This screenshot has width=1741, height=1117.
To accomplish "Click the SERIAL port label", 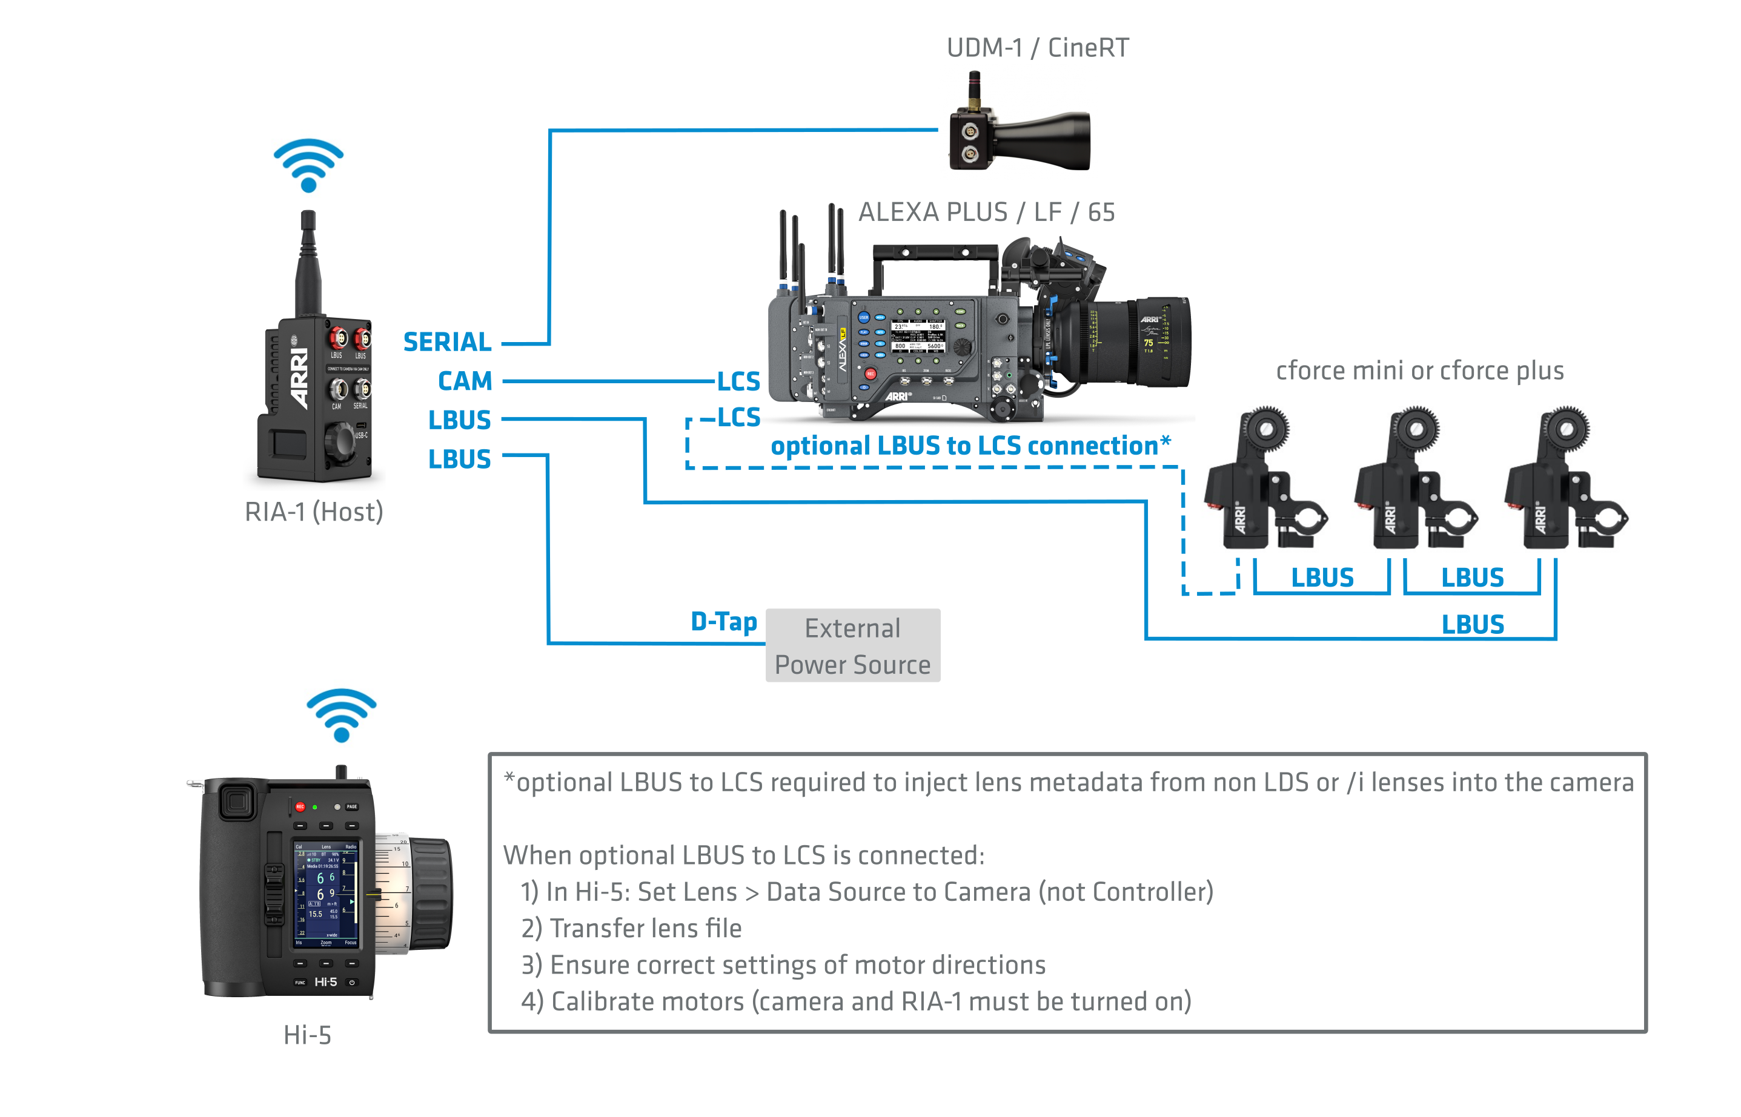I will click(x=447, y=342).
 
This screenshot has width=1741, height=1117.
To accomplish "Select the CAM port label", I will click(x=465, y=381).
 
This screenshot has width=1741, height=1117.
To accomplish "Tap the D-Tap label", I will click(x=723, y=622).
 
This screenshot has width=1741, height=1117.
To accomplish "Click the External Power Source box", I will click(x=853, y=645).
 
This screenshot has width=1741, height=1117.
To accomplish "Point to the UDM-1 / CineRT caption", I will click(x=1038, y=48).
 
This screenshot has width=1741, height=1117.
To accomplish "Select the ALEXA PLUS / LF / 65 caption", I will click(x=986, y=213).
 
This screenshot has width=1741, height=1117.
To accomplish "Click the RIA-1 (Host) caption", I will click(x=314, y=512).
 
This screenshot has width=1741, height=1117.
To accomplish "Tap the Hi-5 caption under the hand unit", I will click(x=308, y=1035).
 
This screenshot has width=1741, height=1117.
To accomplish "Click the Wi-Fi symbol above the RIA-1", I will click(x=308, y=165).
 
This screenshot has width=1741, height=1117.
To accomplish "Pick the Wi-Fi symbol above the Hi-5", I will click(x=341, y=714).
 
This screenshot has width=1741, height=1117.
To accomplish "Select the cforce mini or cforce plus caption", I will click(x=1419, y=371).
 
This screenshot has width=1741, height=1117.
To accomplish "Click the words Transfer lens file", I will click(x=645, y=929).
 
